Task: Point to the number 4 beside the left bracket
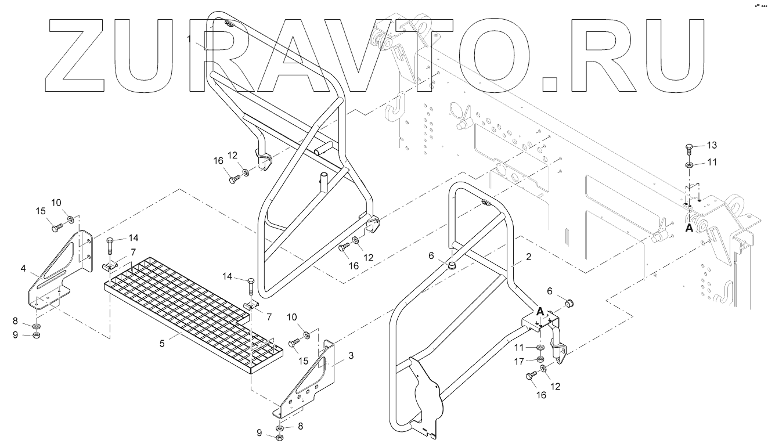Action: click(23, 268)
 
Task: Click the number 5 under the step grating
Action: click(162, 343)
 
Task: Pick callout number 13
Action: click(712, 145)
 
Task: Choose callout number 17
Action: click(519, 361)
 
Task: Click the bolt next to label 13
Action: click(689, 148)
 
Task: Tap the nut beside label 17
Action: click(540, 359)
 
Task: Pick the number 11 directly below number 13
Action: click(712, 163)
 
